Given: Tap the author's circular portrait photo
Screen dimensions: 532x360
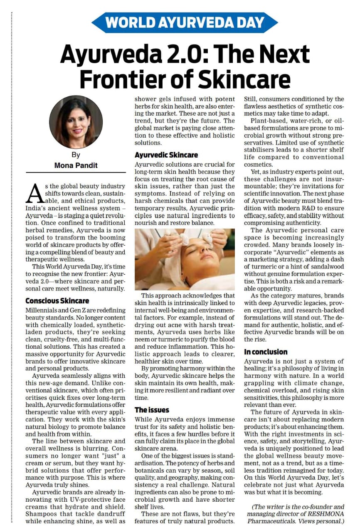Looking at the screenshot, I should coord(76,122).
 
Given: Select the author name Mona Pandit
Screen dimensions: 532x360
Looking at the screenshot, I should coord(76,165).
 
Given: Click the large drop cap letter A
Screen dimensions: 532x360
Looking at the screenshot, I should coord(35,192).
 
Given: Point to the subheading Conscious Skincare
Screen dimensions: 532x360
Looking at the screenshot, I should coord(57,300).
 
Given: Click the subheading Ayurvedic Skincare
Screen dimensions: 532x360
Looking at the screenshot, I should coord(166,155).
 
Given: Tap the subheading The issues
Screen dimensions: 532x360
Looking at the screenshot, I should coord(152,409).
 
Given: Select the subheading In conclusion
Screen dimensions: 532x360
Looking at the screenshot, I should coord(266,352).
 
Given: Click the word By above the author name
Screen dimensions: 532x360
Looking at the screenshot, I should coord(76,155).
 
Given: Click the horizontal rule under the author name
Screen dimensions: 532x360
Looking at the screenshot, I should coord(76,172).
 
